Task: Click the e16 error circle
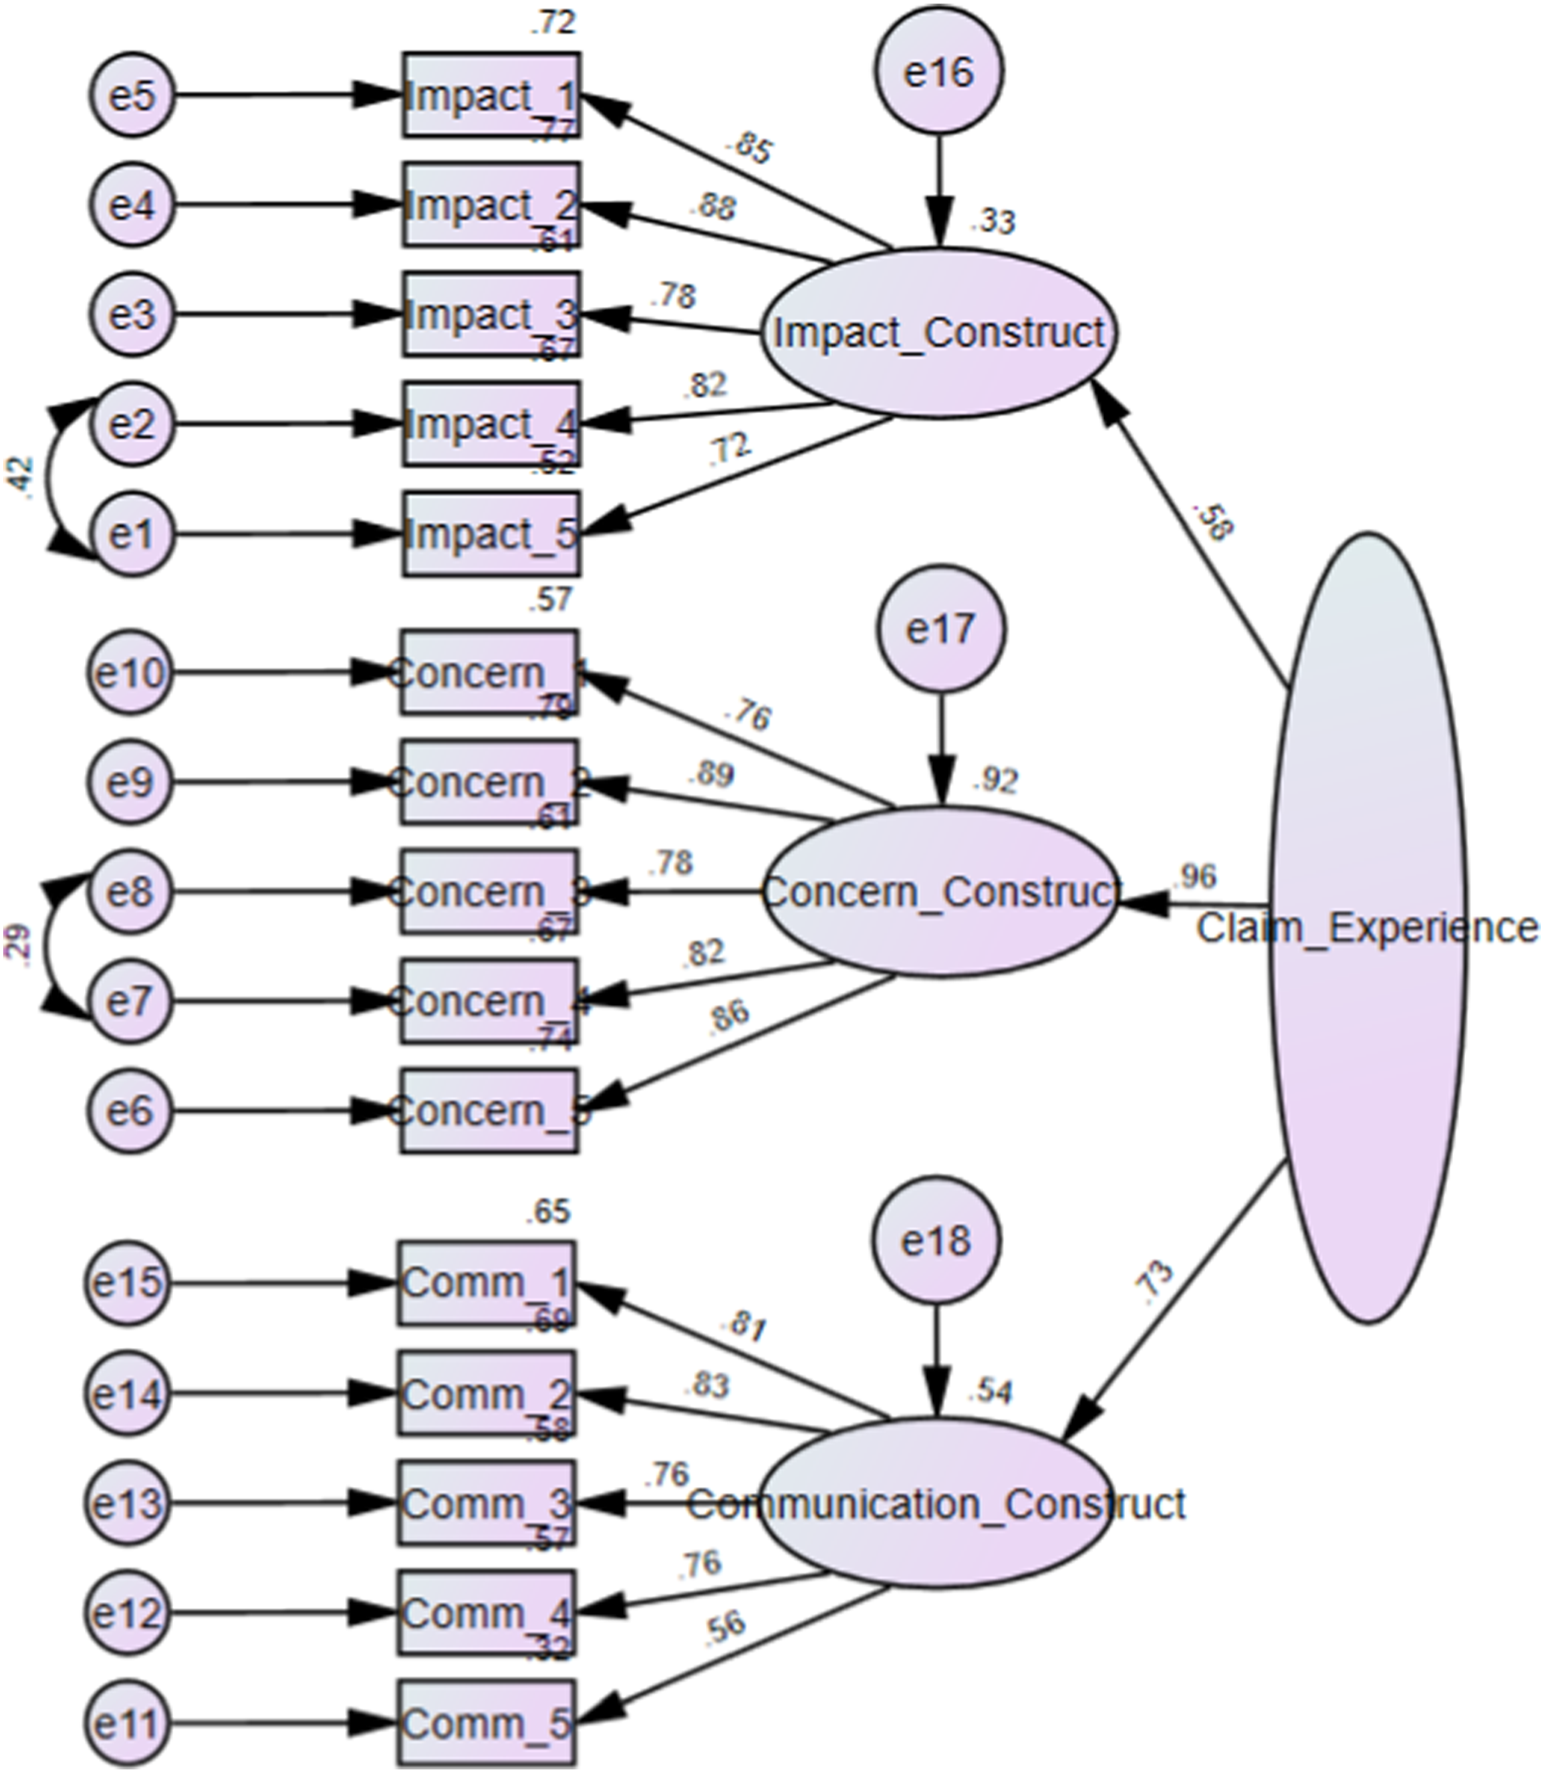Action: pyautogui.click(x=939, y=72)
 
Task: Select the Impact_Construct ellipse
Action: pyautogui.click(x=939, y=334)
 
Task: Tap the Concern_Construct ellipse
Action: pyautogui.click(x=939, y=892)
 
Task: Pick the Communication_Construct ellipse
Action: pyautogui.click(x=935, y=1504)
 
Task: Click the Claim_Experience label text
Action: pyautogui.click(x=1368, y=929)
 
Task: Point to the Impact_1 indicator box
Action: pyautogui.click(x=491, y=96)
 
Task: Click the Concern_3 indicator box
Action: pyautogui.click(x=489, y=892)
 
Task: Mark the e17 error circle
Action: pyautogui.click(x=940, y=630)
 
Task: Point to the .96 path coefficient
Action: pyautogui.click(x=1194, y=876)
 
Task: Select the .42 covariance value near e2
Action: pyautogui.click(x=23, y=480)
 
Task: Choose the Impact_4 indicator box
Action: pyautogui.click(x=491, y=424)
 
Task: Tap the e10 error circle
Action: pyautogui.click(x=129, y=673)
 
